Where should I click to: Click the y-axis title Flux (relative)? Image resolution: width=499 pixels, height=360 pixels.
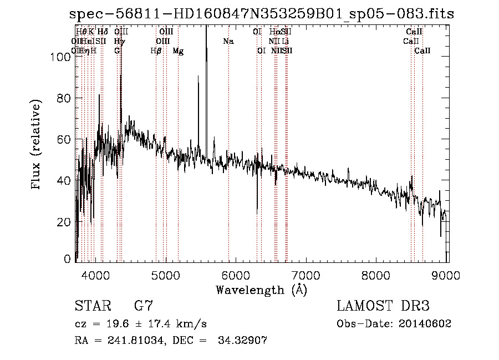(x=37, y=145)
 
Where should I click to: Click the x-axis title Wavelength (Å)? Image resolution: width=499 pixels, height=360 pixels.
(x=261, y=290)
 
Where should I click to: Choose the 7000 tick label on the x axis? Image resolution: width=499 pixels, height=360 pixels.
(x=307, y=274)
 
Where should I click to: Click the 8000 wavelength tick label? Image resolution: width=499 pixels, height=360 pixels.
(x=377, y=274)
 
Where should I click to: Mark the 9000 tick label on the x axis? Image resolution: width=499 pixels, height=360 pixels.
(x=447, y=274)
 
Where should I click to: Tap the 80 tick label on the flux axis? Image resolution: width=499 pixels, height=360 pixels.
(x=65, y=98)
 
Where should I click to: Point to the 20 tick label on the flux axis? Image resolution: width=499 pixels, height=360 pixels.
(x=65, y=222)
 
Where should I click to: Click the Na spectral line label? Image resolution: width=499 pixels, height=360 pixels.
(x=228, y=42)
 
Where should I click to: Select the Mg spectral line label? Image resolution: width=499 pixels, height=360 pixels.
(x=178, y=51)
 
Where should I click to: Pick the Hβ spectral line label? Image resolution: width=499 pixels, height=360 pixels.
(x=156, y=51)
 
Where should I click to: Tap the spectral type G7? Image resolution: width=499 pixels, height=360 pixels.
(x=143, y=306)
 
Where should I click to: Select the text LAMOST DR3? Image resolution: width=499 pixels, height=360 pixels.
(x=383, y=306)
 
